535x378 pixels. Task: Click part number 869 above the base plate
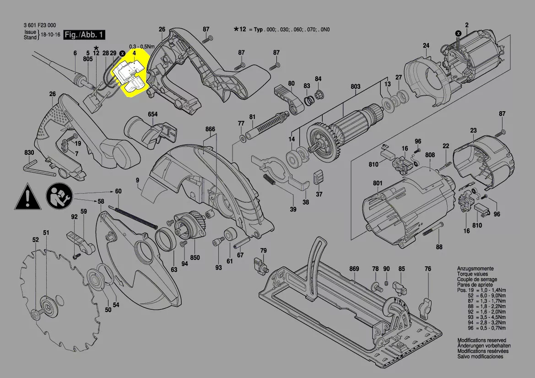(x=354, y=269)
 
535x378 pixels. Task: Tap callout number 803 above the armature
(x=355, y=86)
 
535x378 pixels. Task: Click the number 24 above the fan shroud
(x=426, y=45)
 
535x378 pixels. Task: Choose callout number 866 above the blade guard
(x=210, y=130)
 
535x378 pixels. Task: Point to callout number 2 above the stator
(x=467, y=24)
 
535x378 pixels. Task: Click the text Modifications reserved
(x=481, y=340)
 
